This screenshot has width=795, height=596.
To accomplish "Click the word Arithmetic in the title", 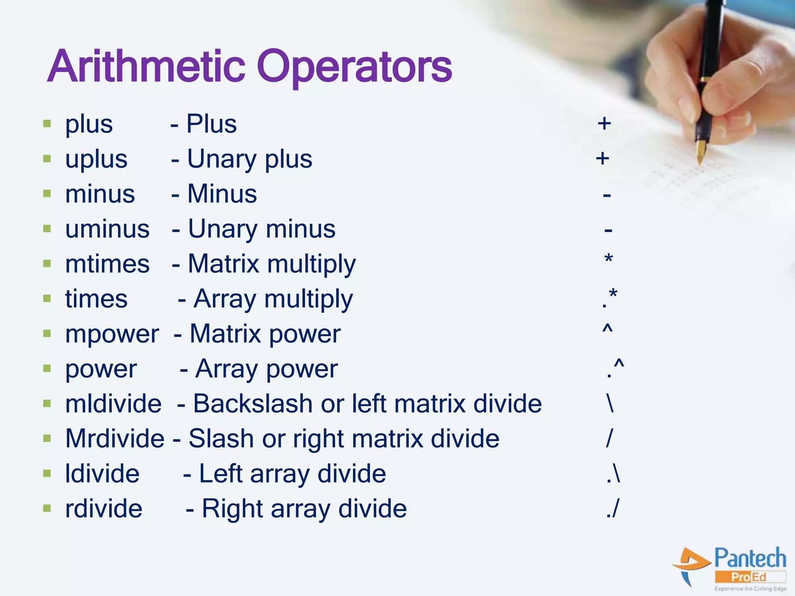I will pyautogui.click(x=146, y=67).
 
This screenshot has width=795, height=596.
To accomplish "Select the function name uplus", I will pyautogui.click(x=96, y=159).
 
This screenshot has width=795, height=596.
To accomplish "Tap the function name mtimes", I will pyautogui.click(x=107, y=264).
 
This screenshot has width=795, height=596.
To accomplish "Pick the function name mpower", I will pyautogui.click(x=112, y=334).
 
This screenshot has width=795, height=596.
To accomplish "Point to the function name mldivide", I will pyautogui.click(x=113, y=404).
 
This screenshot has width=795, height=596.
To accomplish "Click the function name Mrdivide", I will pyautogui.click(x=115, y=439).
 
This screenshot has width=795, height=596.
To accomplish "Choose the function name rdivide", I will pyautogui.click(x=104, y=509).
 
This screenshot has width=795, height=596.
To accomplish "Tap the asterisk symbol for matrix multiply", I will pyautogui.click(x=609, y=259).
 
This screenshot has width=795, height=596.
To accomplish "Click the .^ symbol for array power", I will pyautogui.click(x=615, y=368).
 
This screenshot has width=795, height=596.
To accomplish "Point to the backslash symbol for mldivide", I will pyautogui.click(x=610, y=404).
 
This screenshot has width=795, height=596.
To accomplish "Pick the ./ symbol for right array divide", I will pyautogui.click(x=613, y=509).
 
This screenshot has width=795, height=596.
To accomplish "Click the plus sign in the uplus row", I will pyautogui.click(x=602, y=158).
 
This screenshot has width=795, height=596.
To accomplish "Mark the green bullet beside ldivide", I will pyautogui.click(x=47, y=473).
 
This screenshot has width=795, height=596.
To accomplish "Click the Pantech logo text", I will pyautogui.click(x=750, y=559).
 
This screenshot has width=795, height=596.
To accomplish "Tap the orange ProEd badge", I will pyautogui.click(x=749, y=577).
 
